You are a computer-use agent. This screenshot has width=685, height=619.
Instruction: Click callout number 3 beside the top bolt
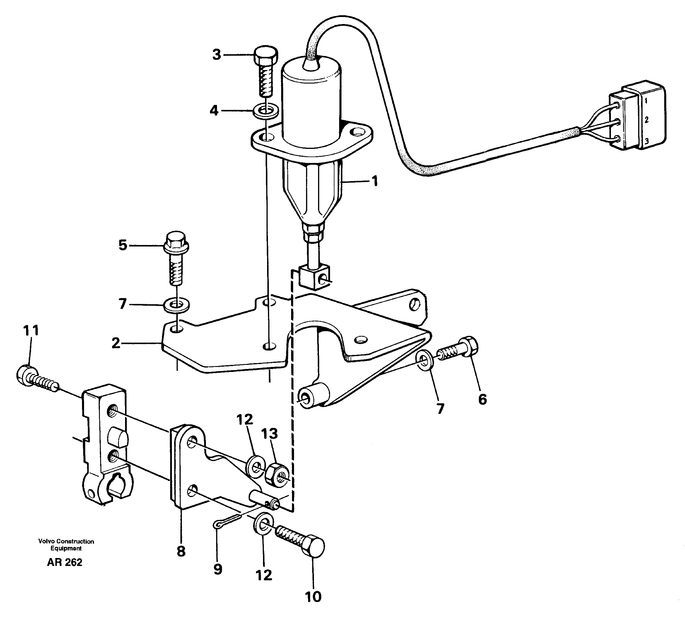[x=216, y=55]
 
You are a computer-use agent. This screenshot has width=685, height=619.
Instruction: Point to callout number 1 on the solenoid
[x=375, y=181]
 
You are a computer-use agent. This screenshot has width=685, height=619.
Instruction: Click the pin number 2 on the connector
[x=646, y=120]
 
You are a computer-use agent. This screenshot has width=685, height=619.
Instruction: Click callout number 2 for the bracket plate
[x=116, y=343]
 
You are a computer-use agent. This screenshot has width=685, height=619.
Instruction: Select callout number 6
[x=483, y=399]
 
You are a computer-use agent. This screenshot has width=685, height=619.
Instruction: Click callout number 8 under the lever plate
[x=181, y=551]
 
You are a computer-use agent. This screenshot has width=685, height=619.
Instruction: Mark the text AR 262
[x=64, y=562]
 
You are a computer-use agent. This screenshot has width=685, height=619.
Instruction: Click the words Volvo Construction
[x=66, y=541]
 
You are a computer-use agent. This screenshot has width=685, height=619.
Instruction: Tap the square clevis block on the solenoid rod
[x=313, y=277]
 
